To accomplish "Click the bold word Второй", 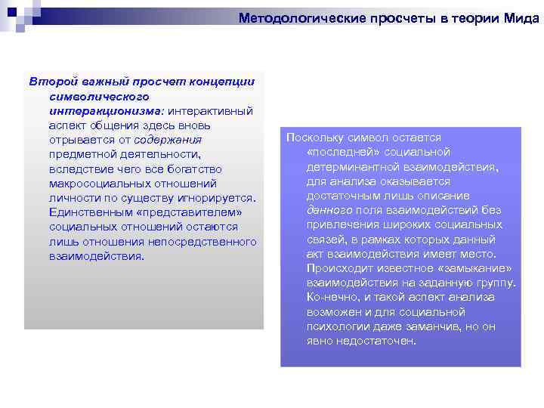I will tap(48, 82).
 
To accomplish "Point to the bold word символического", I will tap(98, 97).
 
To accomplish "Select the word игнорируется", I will tap(220, 198).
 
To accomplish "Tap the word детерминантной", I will tap(349, 167).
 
